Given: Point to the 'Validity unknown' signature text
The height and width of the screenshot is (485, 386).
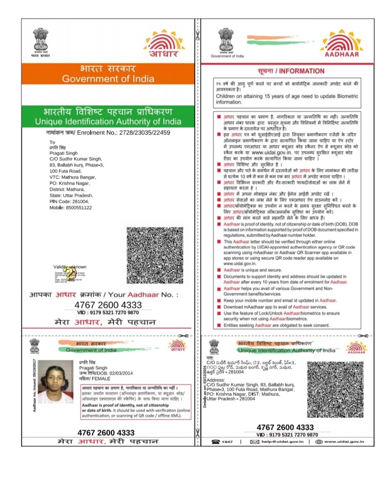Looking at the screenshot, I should [x=70, y=267].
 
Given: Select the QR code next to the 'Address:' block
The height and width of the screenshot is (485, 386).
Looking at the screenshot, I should [x=334, y=389].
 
